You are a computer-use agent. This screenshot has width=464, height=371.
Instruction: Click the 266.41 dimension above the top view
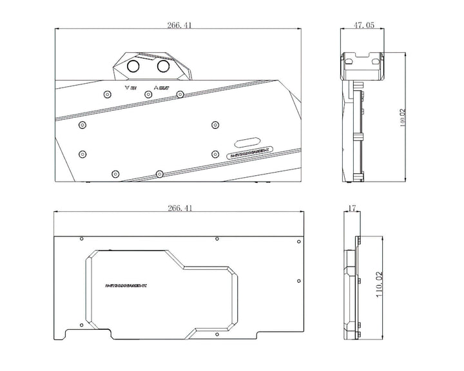179,25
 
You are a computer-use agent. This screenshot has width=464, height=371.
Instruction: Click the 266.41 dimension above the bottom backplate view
179,208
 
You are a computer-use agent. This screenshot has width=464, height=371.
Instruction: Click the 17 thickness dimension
352,209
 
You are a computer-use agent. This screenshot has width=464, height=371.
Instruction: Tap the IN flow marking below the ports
130,87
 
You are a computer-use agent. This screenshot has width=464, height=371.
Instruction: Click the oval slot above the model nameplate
247,142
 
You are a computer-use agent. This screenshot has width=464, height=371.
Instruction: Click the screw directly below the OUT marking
180,95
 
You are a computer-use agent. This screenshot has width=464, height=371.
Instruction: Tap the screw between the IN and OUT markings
148,95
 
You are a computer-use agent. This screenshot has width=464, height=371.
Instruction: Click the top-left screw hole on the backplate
81,239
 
